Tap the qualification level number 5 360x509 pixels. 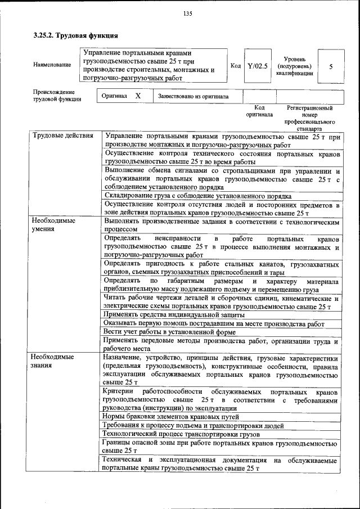pyautogui.click(x=331, y=66)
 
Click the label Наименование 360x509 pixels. pyautogui.click(x=52, y=65)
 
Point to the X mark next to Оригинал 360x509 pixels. pyautogui.click(x=138, y=96)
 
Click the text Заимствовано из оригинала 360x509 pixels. pyautogui.click(x=193, y=96)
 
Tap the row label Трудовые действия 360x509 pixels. pyautogui.click(x=62, y=136)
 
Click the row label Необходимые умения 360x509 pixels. pyautogui.click(x=53, y=225)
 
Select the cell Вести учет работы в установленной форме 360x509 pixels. pyautogui.click(x=169, y=332)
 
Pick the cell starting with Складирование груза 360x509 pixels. pyautogui.click(x=197, y=196)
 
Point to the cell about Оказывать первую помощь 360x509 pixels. pyautogui.click(x=214, y=323)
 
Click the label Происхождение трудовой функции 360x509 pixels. pyautogui.click(x=57, y=96)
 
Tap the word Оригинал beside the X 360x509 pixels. pyautogui.click(x=114, y=96)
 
